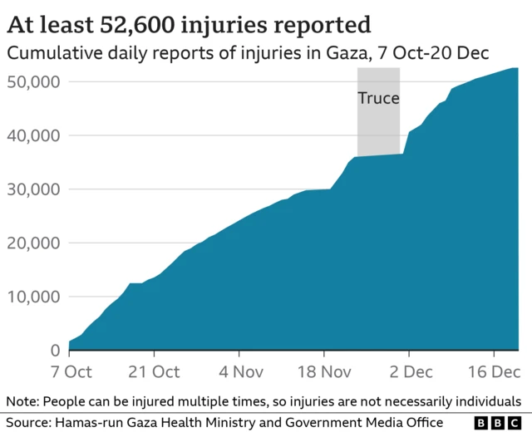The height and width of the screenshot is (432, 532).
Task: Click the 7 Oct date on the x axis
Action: click(70, 371)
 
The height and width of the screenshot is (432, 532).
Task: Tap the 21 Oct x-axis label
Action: click(154, 371)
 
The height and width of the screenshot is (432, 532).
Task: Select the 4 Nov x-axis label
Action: click(239, 371)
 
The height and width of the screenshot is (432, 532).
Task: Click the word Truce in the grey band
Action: click(378, 98)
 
